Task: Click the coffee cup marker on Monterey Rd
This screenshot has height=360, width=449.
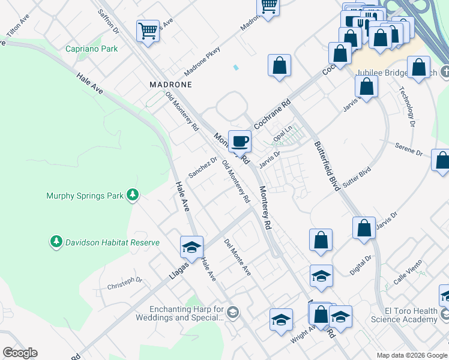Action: pyautogui.click(x=240, y=141)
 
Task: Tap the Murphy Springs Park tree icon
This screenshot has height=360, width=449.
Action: pyautogui.click(x=133, y=195)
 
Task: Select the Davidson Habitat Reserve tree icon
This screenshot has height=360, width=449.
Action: pyautogui.click(x=56, y=242)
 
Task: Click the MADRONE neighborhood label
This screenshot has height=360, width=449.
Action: pyautogui.click(x=170, y=85)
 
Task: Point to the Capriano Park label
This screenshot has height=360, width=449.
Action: pyautogui.click(x=92, y=49)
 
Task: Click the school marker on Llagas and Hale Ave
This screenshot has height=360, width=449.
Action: pyautogui.click(x=191, y=247)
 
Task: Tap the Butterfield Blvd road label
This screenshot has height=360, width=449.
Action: pyautogui.click(x=327, y=166)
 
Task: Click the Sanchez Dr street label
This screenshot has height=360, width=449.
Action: pyautogui.click(x=202, y=167)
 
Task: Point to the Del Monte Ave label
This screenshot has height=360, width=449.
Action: pyautogui.click(x=237, y=257)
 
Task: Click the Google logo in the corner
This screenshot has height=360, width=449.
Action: pyautogui.click(x=20, y=353)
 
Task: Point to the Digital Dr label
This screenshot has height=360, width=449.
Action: pyautogui.click(x=361, y=265)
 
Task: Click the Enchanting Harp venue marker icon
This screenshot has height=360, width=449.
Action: pyautogui.click(x=233, y=313)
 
